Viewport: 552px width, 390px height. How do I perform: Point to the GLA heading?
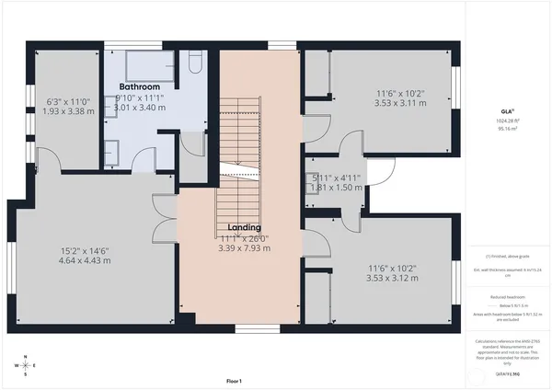pyautogui.click(x=506, y=112)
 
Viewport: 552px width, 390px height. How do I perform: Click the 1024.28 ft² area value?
pyautogui.click(x=506, y=120)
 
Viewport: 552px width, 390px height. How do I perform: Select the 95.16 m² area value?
pyautogui.click(x=506, y=129)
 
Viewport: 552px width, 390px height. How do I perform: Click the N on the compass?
pyautogui.click(x=26, y=356)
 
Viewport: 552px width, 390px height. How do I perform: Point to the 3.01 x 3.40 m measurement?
pyautogui.click(x=138, y=108)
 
